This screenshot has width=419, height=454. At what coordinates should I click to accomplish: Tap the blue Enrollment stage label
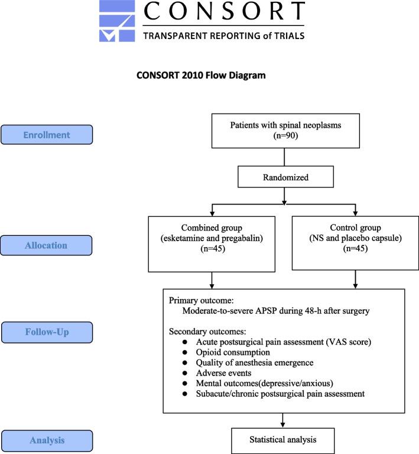coord(47,135)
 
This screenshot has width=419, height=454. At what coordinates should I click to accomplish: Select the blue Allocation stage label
coord(47,244)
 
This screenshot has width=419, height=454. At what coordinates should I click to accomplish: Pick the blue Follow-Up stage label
coord(47,332)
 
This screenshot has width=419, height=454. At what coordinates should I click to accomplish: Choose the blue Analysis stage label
coord(47,440)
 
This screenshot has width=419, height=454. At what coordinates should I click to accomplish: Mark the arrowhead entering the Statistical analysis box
coord(285,424)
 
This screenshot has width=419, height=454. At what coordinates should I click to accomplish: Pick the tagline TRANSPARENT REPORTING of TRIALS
coord(224,35)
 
